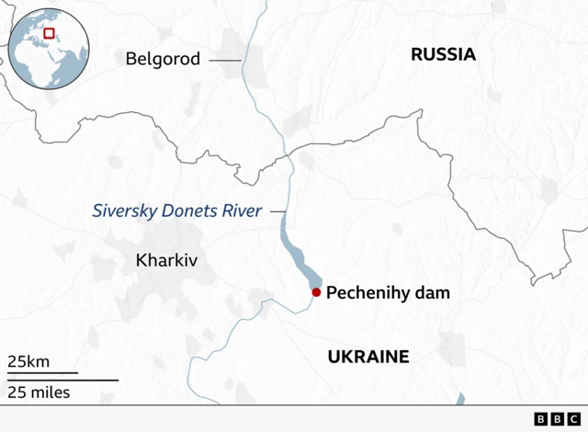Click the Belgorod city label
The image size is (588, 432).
point(163,60)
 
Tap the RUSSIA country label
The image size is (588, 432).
point(443,55)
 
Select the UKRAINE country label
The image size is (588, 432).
point(367,357)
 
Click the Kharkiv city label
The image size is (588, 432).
point(167,260)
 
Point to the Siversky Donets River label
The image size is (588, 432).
point(176,211)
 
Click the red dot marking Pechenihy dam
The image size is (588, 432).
point(316,292)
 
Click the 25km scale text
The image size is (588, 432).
point(28,361)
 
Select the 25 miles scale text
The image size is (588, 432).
point(39,393)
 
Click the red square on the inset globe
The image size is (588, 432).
point(50,33)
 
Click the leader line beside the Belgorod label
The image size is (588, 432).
point(224,60)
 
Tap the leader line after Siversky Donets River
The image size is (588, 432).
point(277,211)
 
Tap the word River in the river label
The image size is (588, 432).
point(241,211)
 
